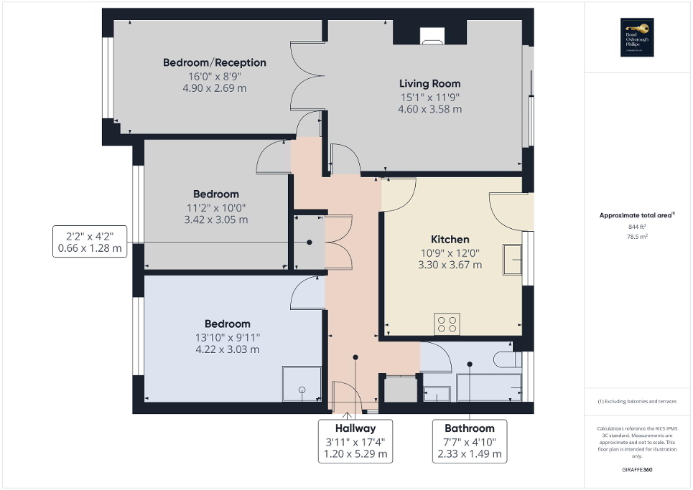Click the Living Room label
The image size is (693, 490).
point(429,83)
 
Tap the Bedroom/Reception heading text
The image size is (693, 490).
point(214,62)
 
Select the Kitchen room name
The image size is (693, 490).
point(450,239)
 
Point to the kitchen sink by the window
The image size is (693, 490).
point(513,259)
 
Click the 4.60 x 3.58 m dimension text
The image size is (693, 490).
point(429,110)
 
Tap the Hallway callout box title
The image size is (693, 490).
point(355,428)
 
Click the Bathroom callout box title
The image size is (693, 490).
point(470,428)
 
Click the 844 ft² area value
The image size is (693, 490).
point(638,226)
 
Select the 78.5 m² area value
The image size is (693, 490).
point(638,235)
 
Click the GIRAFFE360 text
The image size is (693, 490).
point(638,470)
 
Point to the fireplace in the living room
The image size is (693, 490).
point(432,36)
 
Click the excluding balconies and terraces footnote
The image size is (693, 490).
point(638,401)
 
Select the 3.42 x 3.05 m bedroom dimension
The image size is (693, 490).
point(215,220)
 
